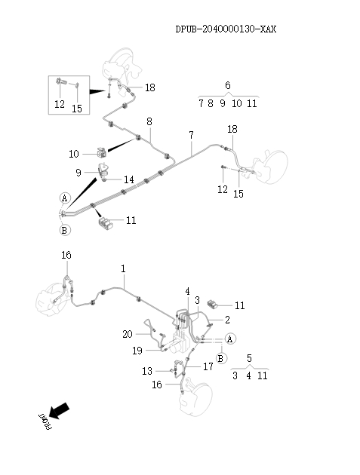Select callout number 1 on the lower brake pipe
tap(123, 268)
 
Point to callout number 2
tap(226, 320)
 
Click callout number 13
tap(147, 370)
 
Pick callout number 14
tap(129, 179)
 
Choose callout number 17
tap(209, 366)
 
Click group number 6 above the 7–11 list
tap(228, 85)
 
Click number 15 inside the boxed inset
tap(77, 108)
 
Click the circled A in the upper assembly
tap(64, 198)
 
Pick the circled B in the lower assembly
tap(220, 357)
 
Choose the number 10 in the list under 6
tap(236, 103)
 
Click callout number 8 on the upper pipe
tap(149, 121)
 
